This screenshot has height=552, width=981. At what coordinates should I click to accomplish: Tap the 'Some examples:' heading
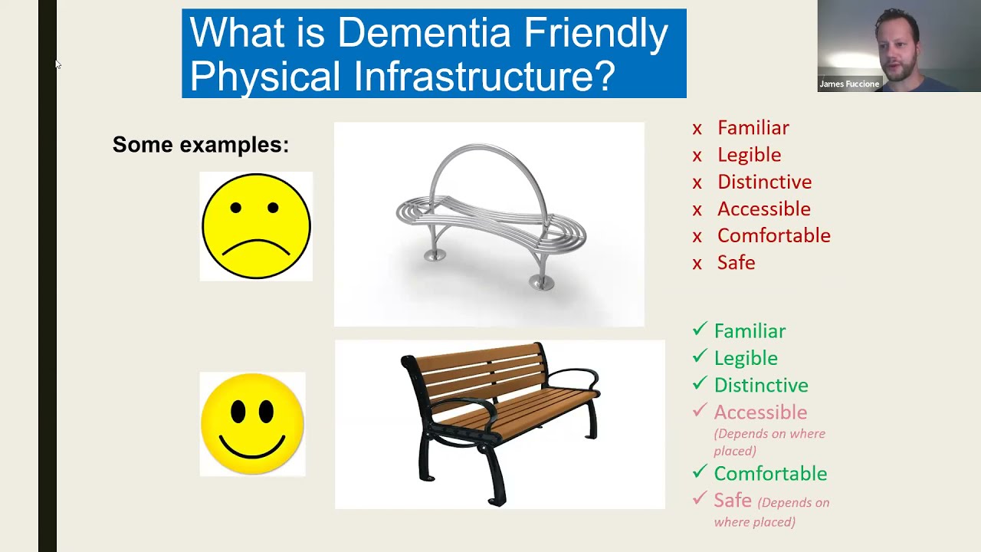click(201, 144)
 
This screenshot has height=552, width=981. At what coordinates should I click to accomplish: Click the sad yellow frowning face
click(256, 226)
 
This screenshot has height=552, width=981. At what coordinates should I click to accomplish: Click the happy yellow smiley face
click(252, 424)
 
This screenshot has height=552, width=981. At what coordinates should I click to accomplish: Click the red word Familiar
click(753, 128)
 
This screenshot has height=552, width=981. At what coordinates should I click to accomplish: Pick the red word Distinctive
click(764, 182)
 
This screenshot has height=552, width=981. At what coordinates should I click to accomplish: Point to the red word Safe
click(736, 263)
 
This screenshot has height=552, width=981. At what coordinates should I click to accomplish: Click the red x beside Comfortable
click(697, 236)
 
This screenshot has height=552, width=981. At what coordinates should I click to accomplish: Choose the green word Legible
click(746, 358)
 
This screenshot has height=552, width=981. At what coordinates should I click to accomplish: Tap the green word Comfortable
click(770, 474)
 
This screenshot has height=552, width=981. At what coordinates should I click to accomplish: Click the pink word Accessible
click(760, 412)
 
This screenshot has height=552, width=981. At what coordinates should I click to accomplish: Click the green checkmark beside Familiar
click(699, 330)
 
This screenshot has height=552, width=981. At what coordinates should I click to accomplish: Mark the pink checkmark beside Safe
click(699, 499)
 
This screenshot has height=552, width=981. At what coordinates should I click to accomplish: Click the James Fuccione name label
click(848, 84)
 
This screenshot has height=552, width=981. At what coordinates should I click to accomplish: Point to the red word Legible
click(749, 155)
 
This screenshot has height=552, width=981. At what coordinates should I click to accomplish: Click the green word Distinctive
click(761, 385)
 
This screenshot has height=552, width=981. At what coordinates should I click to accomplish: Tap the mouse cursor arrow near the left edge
click(57, 65)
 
